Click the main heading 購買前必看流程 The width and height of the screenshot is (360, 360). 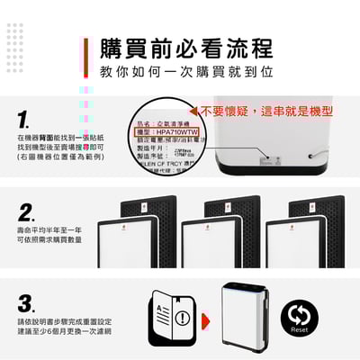coord(187,48)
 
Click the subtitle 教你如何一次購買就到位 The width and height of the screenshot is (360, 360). coord(186,70)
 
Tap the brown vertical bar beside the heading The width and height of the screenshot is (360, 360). coord(87,57)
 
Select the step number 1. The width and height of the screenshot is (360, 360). coord(24,120)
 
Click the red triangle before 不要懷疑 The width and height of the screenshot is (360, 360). coord(193,112)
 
